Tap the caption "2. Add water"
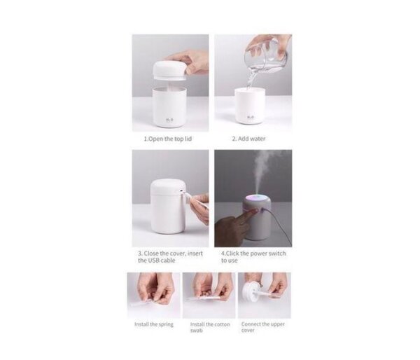[248, 139]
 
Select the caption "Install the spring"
[154, 324]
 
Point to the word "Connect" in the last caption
[253, 324]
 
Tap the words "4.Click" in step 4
[232, 253]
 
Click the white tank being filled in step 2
[249, 105]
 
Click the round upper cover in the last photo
[254, 288]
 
